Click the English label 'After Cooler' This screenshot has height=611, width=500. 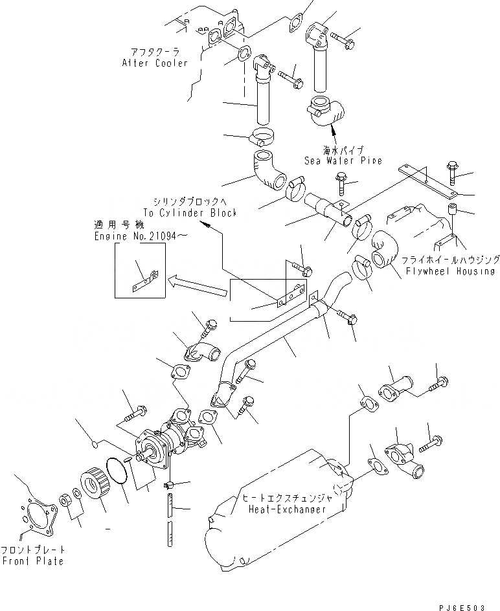pos(155,63)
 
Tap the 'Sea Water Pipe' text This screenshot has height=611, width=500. pos(343,160)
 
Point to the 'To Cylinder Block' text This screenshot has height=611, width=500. pos(190,212)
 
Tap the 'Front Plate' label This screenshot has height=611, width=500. pos(32,561)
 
